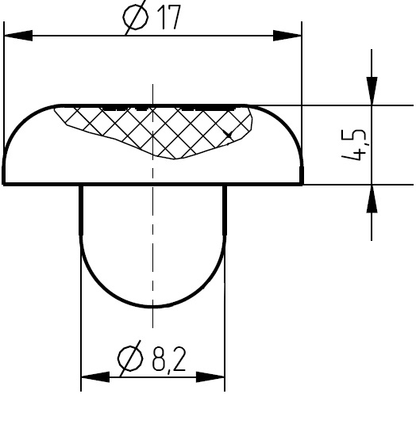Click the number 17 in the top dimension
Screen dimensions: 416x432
pyautogui.click(x=169, y=17)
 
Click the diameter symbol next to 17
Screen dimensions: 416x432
pyautogui.click(x=136, y=17)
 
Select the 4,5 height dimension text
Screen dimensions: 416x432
pyautogui.click(x=355, y=144)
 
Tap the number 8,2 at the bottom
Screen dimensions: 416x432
pyautogui.click(x=169, y=359)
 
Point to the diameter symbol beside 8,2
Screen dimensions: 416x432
pyautogui.click(x=130, y=358)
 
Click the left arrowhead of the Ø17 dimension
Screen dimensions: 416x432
pyautogui.click(x=18, y=36)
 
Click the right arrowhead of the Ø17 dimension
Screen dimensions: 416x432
pyautogui.click(x=287, y=36)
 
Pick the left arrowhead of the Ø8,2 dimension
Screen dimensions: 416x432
pyautogui.click(x=95, y=377)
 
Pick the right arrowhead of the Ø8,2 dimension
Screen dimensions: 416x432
pyautogui.click(x=210, y=377)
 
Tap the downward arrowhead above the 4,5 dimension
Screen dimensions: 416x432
pyautogui.click(x=372, y=91)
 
